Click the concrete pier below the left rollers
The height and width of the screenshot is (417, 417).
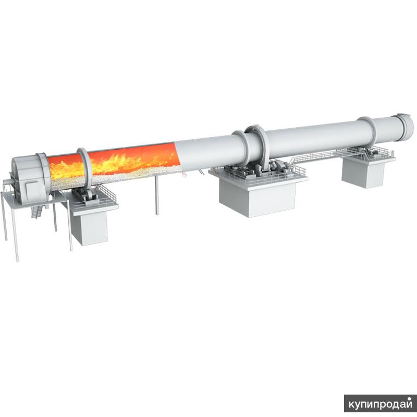coord(89,227)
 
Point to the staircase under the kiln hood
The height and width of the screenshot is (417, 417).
coord(36,212)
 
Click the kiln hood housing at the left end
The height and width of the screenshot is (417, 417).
coord(29,179)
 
